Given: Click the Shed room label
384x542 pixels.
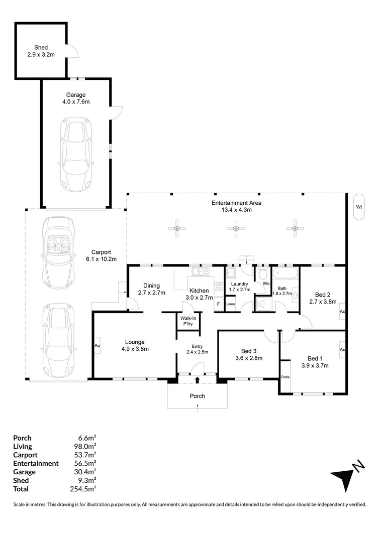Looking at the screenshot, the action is tap(41, 48).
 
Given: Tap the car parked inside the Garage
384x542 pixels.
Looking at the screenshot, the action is tap(76, 154).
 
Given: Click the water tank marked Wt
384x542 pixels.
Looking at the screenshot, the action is tap(359, 207).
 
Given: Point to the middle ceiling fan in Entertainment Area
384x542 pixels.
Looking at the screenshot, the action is tap(236, 228).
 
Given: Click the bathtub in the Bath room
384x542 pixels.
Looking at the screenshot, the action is tap(285, 273).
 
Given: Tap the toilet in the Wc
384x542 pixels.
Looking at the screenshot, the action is tap(263, 274).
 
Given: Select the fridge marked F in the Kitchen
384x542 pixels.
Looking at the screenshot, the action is tap(219, 304).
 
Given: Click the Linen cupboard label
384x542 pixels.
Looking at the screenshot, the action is tap(231, 304).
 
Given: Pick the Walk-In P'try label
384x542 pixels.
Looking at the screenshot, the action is tap(188, 321).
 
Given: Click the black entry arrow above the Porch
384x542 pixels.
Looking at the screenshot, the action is tap(198, 380).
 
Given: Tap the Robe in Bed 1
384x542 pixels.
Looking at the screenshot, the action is tap(285, 377).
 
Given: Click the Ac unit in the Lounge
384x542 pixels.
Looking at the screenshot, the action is tap(98, 345).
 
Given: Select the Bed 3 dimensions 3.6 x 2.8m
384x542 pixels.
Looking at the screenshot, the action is tap(249, 358).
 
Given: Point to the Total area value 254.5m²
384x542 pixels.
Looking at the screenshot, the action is tap(83, 489).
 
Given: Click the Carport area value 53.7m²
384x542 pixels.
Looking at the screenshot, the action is tap(85, 455).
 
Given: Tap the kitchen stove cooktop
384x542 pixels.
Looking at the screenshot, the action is tap(219, 287).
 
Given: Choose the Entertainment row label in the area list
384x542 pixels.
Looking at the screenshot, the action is tap(36, 464).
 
